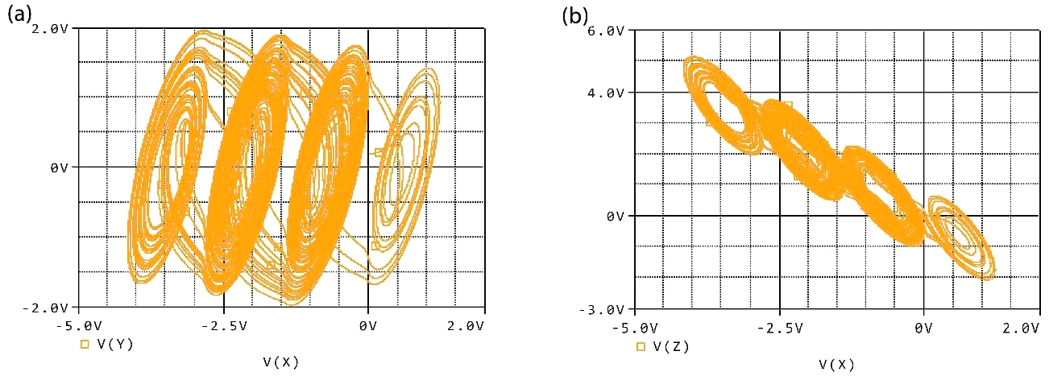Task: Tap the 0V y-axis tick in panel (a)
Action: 61,167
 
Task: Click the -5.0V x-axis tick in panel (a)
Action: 79,325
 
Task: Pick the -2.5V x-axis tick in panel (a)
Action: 223,325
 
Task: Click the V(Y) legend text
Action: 114,345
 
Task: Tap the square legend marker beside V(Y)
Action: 85,345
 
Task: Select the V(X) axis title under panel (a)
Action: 280,362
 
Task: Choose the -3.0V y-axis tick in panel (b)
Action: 606,309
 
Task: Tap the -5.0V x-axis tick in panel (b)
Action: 635,328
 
